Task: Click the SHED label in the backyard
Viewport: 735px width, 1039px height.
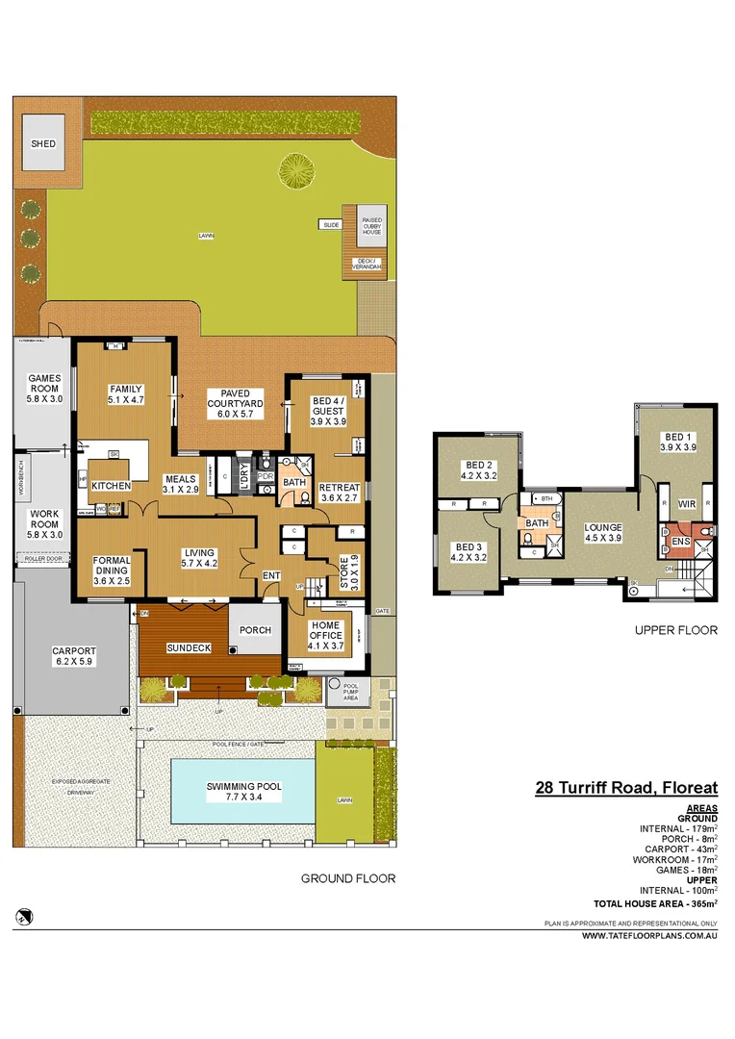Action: (43, 144)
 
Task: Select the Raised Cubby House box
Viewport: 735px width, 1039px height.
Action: (372, 226)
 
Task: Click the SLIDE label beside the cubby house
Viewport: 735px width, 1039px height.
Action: (332, 224)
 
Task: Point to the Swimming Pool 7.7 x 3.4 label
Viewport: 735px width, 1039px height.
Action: (243, 792)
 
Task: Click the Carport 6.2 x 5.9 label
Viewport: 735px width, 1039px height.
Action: (73, 656)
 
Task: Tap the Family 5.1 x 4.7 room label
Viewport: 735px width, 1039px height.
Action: (124, 394)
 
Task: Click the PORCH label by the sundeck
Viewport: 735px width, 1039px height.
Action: (256, 630)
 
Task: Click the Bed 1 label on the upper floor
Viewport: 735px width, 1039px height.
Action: (676, 441)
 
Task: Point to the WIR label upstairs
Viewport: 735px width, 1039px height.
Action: (686, 503)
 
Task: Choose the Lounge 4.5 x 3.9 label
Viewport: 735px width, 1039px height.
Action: (603, 533)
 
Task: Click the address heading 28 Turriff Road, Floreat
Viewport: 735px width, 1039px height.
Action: (625, 788)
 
